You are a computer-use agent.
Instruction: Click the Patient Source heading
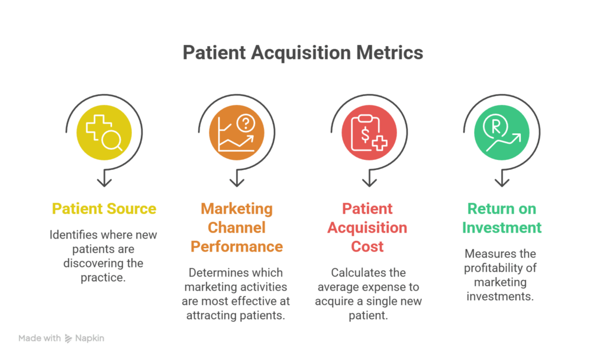(x=104, y=208)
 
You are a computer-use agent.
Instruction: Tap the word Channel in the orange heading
(x=237, y=227)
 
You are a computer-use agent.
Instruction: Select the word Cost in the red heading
(x=368, y=246)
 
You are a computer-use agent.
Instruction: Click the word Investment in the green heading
(x=502, y=227)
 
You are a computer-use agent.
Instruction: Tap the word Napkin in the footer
(x=89, y=339)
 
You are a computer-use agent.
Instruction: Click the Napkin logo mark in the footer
(x=68, y=339)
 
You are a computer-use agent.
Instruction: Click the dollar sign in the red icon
(x=365, y=134)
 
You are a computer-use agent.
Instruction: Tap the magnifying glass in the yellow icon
(x=112, y=140)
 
